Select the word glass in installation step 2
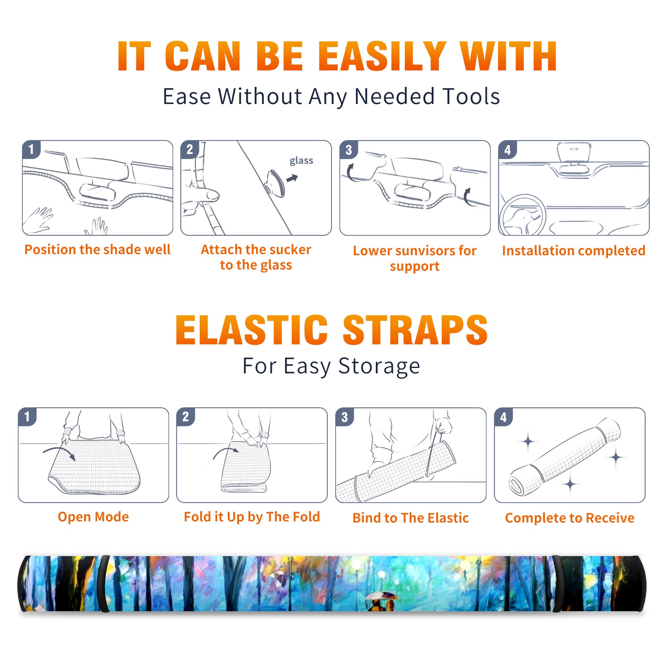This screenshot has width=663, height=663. pos(301,161)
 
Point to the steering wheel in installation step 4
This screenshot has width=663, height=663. pos(522,215)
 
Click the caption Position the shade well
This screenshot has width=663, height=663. pos(97,249)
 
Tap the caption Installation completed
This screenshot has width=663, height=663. pos(573,251)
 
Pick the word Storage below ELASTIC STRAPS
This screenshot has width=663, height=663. pos(379,366)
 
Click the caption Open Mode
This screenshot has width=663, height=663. pos(93,517)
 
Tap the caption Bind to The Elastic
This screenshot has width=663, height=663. pos(411,518)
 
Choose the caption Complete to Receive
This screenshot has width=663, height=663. pos(570,518)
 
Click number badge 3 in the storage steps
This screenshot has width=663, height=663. pos(345,417)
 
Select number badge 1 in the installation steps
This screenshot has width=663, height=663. pos(31,149)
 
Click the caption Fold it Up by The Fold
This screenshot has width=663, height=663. pos(252,517)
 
